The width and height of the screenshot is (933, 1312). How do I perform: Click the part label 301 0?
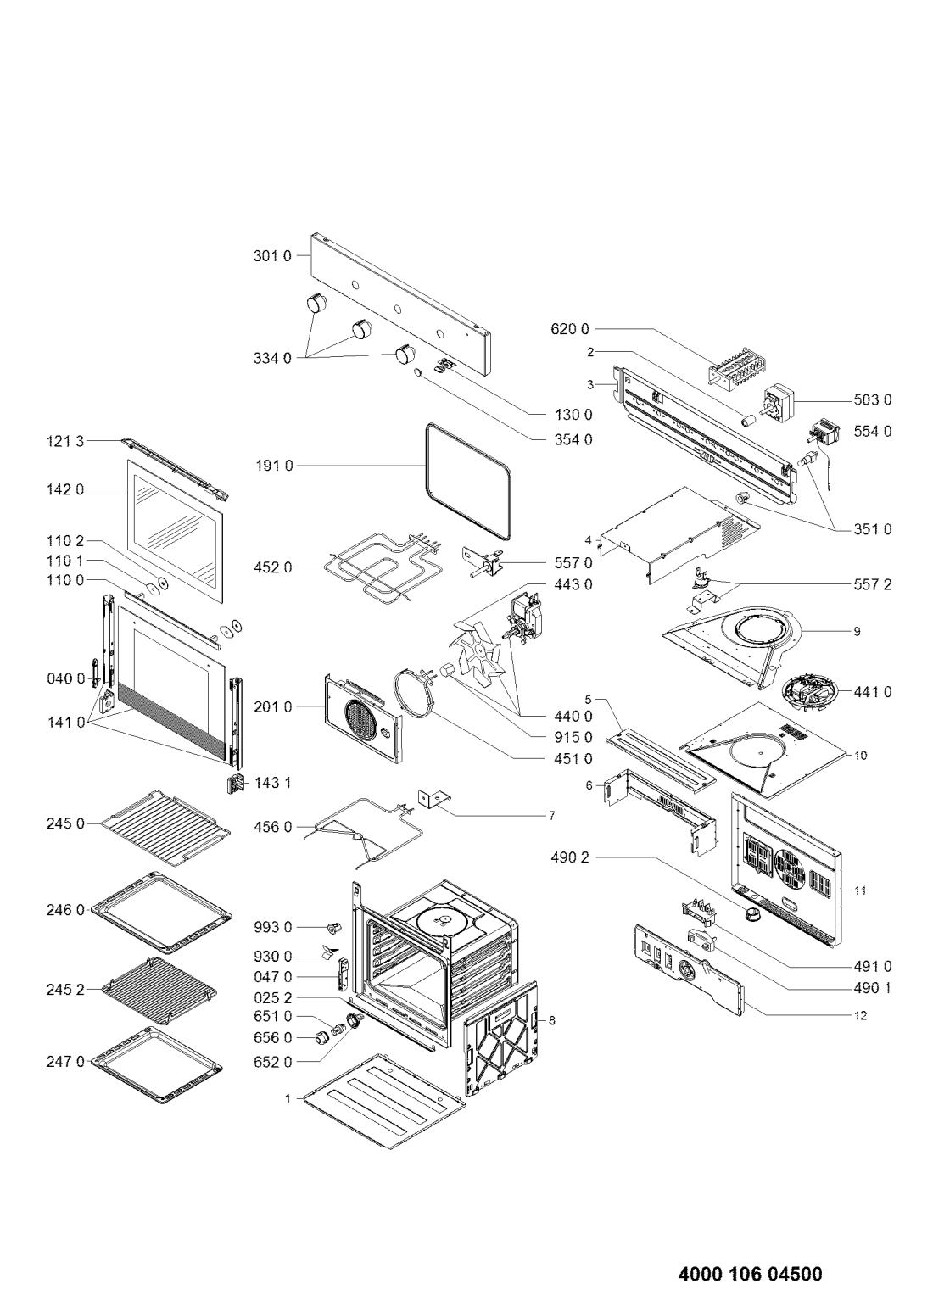coord(271,256)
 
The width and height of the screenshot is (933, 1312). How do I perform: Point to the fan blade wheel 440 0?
coord(476,653)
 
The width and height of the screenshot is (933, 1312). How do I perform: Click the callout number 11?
coord(860,890)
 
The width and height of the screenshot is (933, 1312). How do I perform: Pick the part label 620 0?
coord(569,328)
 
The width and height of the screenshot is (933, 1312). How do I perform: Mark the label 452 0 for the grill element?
coord(271,567)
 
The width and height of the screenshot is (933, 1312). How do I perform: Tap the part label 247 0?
coord(65,1061)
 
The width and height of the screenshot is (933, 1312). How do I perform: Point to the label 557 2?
coord(872,584)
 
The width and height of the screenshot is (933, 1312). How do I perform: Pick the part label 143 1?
coord(272,783)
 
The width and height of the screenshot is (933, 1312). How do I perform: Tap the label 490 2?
coord(569,857)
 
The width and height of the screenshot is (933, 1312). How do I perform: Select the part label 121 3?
coord(65,440)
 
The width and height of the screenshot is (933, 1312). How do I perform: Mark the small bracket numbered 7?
coord(434,800)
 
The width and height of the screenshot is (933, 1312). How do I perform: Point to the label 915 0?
coord(573,737)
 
